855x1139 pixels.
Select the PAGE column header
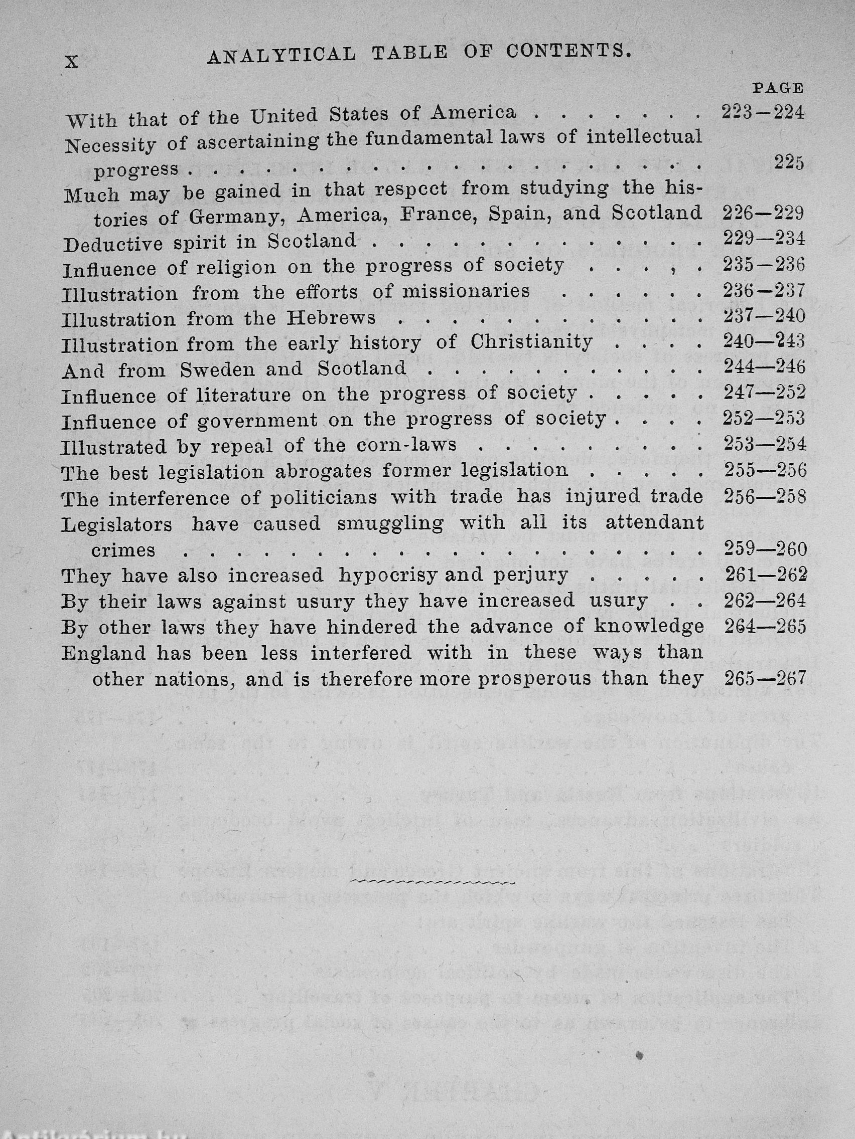(x=778, y=88)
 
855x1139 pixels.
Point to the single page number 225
(x=789, y=163)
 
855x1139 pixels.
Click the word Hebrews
(x=331, y=318)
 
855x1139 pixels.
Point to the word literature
(x=244, y=396)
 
